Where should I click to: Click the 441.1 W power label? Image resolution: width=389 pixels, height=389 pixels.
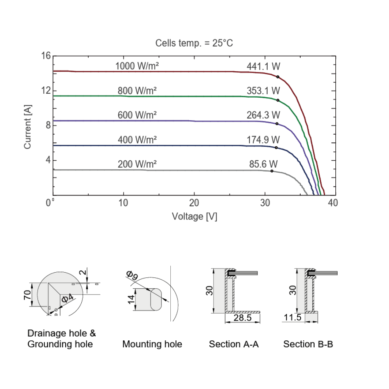263,67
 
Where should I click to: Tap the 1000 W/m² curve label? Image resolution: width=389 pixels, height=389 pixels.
137,66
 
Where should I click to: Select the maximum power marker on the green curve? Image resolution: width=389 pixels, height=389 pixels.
278,100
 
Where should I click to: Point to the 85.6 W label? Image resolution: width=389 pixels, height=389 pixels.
263,164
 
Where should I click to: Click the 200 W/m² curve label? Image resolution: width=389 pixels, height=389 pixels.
137,164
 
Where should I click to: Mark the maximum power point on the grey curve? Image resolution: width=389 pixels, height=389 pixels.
272,171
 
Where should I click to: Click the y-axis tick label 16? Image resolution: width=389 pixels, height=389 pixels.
46,56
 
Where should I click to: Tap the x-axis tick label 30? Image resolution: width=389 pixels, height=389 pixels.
265,203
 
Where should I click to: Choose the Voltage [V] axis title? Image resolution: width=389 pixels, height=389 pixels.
194,216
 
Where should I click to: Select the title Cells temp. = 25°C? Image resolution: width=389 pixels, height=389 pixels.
194,43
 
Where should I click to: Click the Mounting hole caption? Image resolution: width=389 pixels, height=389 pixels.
152,344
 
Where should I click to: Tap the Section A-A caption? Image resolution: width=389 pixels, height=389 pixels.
234,344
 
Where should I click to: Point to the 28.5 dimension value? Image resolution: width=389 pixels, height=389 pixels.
242,318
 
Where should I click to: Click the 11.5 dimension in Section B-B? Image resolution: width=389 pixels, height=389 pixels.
293,318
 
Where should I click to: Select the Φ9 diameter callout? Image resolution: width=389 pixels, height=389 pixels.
132,276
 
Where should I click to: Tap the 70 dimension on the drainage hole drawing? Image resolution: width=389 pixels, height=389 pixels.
27,294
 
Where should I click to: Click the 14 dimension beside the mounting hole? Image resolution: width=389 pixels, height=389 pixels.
132,299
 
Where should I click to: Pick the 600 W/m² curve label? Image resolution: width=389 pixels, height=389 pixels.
137,115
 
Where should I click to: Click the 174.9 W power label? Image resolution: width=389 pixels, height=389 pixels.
263,140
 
